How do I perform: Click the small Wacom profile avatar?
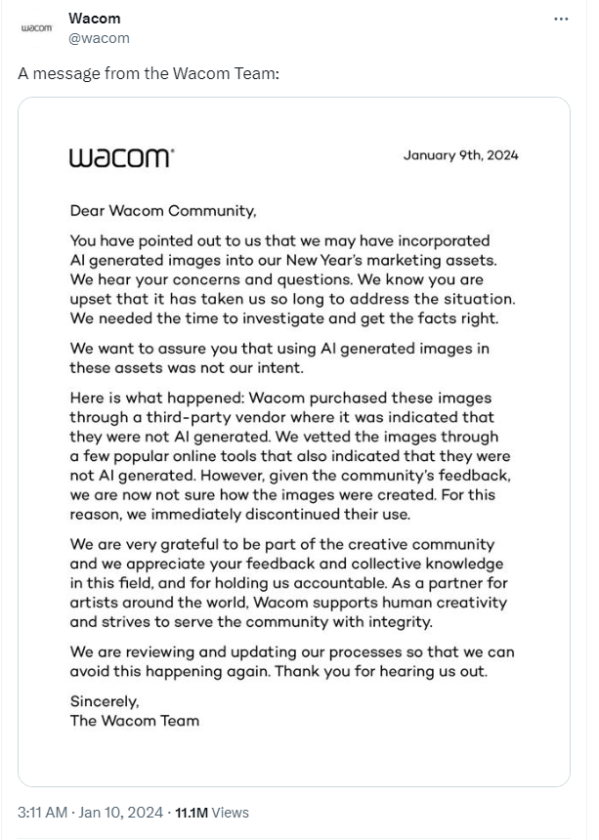pos(37,28)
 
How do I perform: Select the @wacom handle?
pos(99,38)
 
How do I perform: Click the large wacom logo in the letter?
pos(122,157)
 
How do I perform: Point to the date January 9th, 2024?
pos(460,154)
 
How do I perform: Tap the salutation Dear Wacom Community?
pos(163,210)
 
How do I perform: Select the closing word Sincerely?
pos(105,701)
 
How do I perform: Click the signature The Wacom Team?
pos(134,721)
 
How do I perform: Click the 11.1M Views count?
pos(211,812)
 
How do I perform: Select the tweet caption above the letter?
pos(149,74)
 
